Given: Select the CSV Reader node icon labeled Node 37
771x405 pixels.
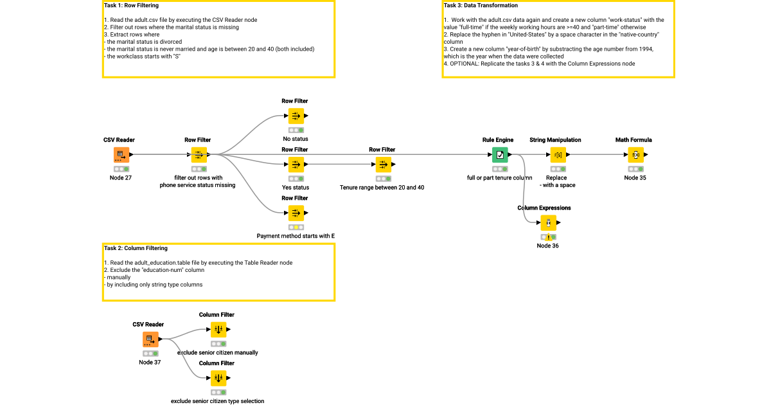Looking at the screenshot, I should (x=149, y=339).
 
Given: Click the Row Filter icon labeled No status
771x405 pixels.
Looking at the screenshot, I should (x=296, y=116).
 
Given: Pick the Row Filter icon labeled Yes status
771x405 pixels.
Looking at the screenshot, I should (x=296, y=164).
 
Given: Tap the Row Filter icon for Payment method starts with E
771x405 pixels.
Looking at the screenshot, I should (x=296, y=213).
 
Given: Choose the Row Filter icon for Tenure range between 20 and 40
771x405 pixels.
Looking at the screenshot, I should (x=382, y=164).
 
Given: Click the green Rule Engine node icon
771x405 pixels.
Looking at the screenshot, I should (x=500, y=154).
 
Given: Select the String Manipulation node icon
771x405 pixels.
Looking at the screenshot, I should (x=558, y=154).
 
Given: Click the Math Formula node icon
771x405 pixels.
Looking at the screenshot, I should (x=635, y=154).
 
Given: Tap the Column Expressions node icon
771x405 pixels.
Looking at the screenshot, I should (x=547, y=222).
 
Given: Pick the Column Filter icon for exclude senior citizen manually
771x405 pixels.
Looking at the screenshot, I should (x=218, y=329).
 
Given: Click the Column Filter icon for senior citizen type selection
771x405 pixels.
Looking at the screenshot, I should (x=218, y=378).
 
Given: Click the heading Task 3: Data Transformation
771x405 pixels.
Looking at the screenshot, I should (x=481, y=6).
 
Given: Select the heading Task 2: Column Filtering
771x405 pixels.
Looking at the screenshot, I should (x=136, y=248).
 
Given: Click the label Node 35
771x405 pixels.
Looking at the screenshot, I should (x=635, y=178).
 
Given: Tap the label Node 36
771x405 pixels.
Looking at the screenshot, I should (x=547, y=246).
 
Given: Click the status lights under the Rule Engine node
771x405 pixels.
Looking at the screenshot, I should (x=500, y=169).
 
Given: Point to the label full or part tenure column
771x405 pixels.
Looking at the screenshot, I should (x=500, y=178).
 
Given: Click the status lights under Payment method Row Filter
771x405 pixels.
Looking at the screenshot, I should (x=296, y=228).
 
